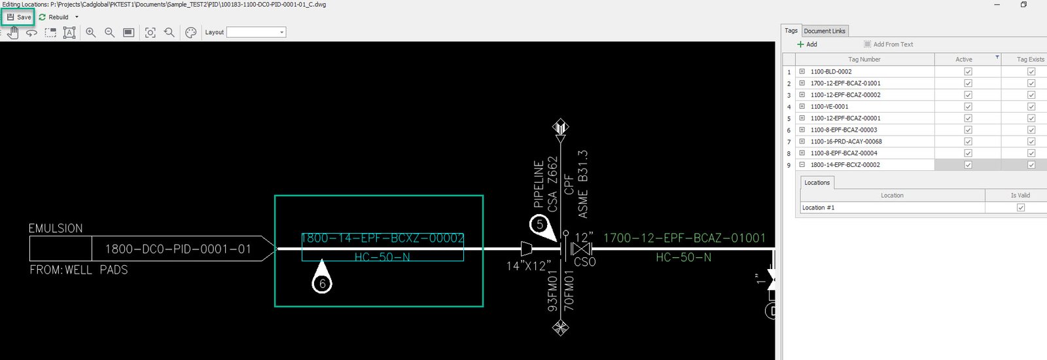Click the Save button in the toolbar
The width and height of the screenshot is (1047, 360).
click(x=19, y=17)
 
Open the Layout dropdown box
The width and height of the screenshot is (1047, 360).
click(x=256, y=32)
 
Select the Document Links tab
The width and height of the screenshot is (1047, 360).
click(x=825, y=31)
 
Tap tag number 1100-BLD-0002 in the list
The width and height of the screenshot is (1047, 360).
click(x=831, y=72)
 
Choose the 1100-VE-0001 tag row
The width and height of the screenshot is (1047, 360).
click(x=829, y=107)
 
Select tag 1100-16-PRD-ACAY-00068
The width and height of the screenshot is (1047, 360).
click(x=846, y=141)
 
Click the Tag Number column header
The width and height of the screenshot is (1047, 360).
click(x=864, y=60)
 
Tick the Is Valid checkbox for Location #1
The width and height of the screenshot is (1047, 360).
click(x=1021, y=207)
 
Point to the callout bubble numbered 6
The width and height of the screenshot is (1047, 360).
click(x=322, y=283)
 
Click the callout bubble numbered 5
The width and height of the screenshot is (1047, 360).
click(x=540, y=225)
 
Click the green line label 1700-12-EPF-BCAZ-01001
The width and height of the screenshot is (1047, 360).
click(x=684, y=238)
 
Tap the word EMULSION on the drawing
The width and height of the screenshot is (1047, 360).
click(x=56, y=228)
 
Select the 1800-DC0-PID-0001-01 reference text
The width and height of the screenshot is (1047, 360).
click(x=178, y=249)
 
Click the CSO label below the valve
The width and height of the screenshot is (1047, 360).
click(x=584, y=262)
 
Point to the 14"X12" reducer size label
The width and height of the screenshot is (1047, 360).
click(x=527, y=266)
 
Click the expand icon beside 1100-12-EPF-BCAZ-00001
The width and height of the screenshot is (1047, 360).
click(x=802, y=118)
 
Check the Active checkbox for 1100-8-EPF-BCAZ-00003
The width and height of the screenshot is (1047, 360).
click(x=968, y=130)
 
